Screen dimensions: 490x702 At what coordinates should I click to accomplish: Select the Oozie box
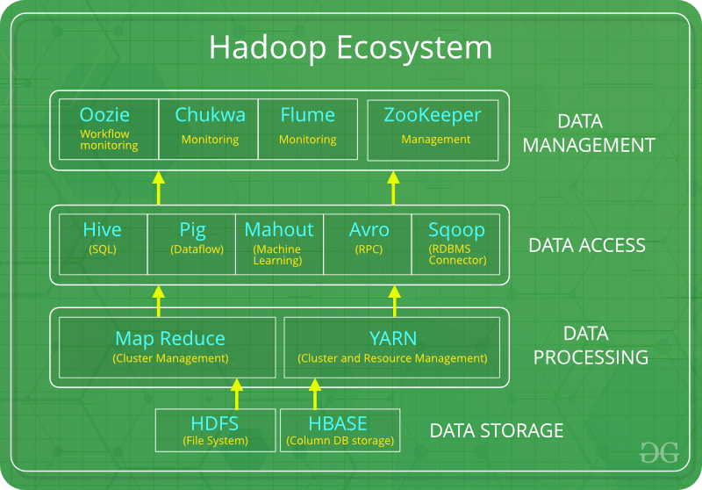click(109, 128)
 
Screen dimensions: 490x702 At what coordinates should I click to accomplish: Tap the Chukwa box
click(210, 128)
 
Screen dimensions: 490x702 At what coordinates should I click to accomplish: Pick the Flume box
click(308, 128)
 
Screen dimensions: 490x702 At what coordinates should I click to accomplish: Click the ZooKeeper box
click(436, 128)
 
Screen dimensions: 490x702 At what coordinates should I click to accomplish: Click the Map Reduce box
click(170, 346)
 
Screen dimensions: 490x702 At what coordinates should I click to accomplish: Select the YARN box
click(392, 346)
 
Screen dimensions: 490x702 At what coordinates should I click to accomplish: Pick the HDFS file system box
click(214, 430)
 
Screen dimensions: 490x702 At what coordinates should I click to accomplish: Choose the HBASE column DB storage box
click(338, 430)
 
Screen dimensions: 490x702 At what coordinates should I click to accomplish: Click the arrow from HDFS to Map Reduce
click(235, 393)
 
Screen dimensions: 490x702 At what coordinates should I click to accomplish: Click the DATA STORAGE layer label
click(496, 431)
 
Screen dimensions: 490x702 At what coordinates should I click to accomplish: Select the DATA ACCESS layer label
click(586, 245)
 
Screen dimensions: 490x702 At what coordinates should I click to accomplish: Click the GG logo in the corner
click(658, 452)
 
